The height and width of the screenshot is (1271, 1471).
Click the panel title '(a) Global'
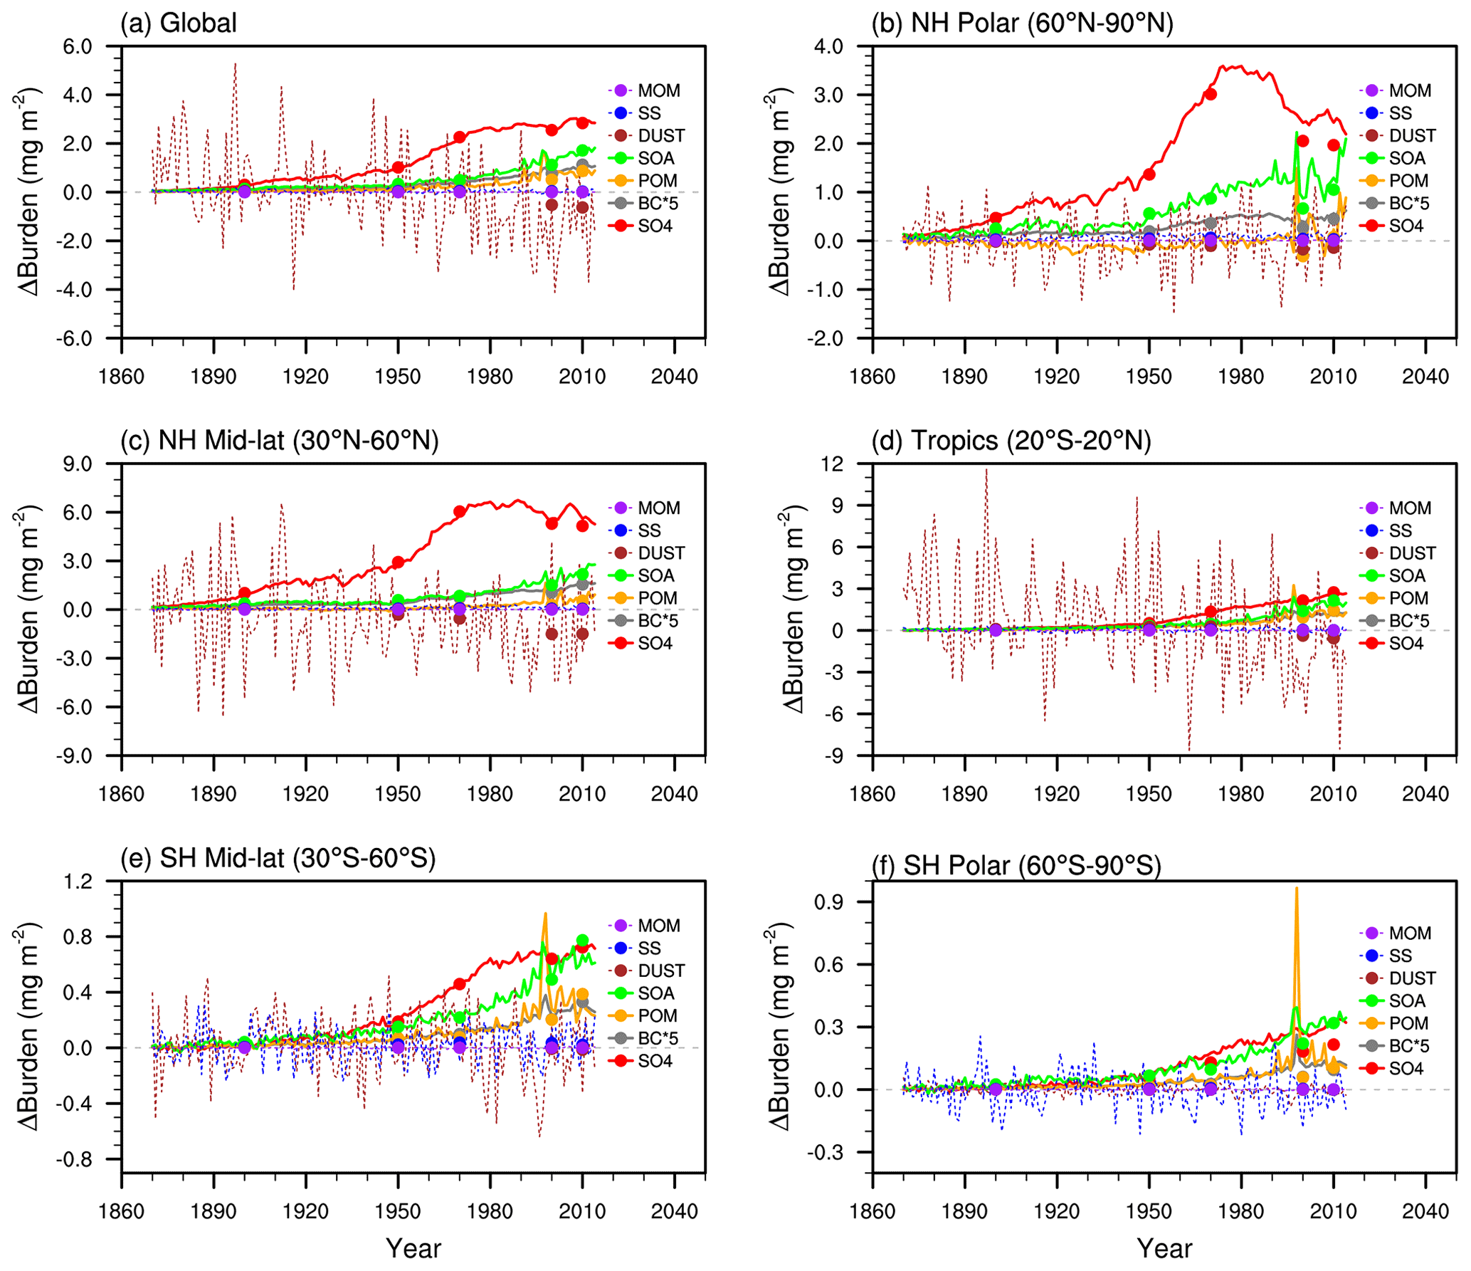[x=178, y=23]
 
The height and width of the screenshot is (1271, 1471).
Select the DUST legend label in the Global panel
[x=661, y=135]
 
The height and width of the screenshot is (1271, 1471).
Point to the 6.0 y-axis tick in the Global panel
[x=78, y=46]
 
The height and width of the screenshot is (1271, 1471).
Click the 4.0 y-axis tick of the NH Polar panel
[x=828, y=46]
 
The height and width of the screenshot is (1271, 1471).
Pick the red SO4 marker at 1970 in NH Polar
[x=1210, y=95]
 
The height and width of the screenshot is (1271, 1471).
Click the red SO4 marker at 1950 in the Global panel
[x=398, y=167]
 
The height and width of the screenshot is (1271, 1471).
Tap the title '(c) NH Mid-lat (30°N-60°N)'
[x=279, y=441]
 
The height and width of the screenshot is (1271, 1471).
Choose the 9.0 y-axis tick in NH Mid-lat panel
[x=78, y=464]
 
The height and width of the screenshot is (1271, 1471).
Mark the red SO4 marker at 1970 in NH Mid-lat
[x=460, y=511]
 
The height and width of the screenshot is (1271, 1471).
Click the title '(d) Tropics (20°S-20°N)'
[x=1011, y=441]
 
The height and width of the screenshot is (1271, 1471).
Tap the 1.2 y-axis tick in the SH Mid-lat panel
[x=78, y=882]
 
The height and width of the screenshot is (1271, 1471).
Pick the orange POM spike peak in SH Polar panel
[x=1296, y=888]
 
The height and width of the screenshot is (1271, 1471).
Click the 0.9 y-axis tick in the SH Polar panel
[x=828, y=902]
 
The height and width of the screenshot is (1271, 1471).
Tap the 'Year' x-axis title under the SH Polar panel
[x=1164, y=1248]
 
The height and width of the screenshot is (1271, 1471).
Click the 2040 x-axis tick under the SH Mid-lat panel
[x=674, y=1211]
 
